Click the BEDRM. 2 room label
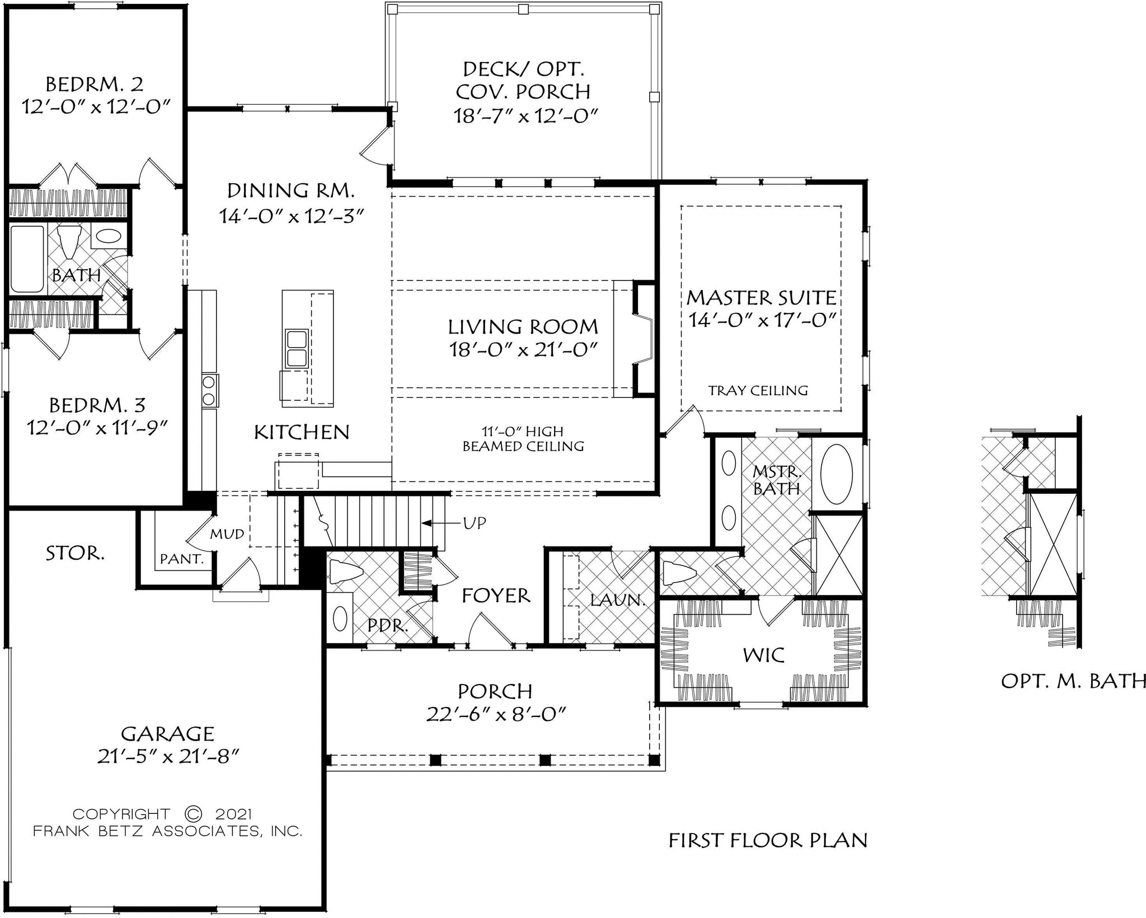94,85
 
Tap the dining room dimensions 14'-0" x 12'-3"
291,216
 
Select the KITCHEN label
302,432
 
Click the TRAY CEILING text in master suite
758,391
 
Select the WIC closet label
763,655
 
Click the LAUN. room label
618,601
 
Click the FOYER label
495,596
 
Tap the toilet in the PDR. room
345,572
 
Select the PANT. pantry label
181,559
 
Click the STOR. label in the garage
74,554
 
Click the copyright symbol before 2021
192,813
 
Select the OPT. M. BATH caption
1072,681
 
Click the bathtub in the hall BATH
27,259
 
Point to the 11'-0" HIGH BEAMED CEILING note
523,439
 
